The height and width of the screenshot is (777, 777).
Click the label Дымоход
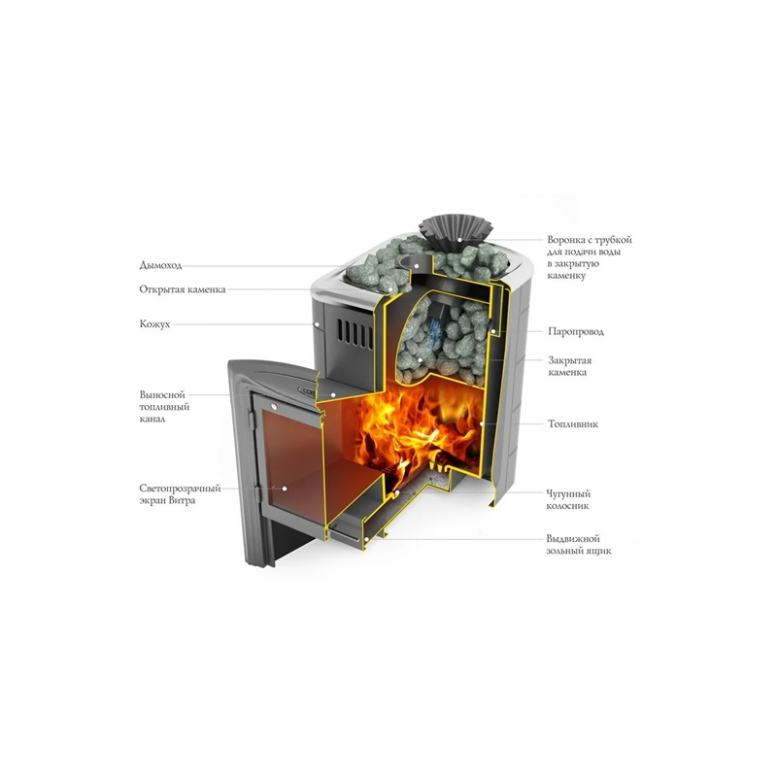coord(160,265)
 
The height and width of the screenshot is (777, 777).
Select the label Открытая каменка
coord(183,289)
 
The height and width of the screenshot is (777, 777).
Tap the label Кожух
coord(154,324)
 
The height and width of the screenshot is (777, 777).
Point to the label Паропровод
coord(576,331)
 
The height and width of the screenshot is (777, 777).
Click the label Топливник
coord(573,423)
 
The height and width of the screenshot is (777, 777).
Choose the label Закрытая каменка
coord(570,366)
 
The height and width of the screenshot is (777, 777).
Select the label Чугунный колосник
coord(568,499)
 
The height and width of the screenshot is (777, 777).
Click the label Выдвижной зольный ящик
coord(579,545)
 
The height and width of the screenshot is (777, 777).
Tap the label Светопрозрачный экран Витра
coord(180,494)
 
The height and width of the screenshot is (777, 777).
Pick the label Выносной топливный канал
coord(164,407)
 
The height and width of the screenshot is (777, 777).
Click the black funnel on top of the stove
coord(456,232)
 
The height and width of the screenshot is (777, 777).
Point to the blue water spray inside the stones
coord(434,333)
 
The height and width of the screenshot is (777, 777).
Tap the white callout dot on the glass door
coord(285,489)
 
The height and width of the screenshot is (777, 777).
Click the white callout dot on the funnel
coord(459,240)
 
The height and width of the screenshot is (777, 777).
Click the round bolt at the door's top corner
coord(274,406)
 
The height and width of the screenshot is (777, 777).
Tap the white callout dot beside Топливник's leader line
coord(482,424)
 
